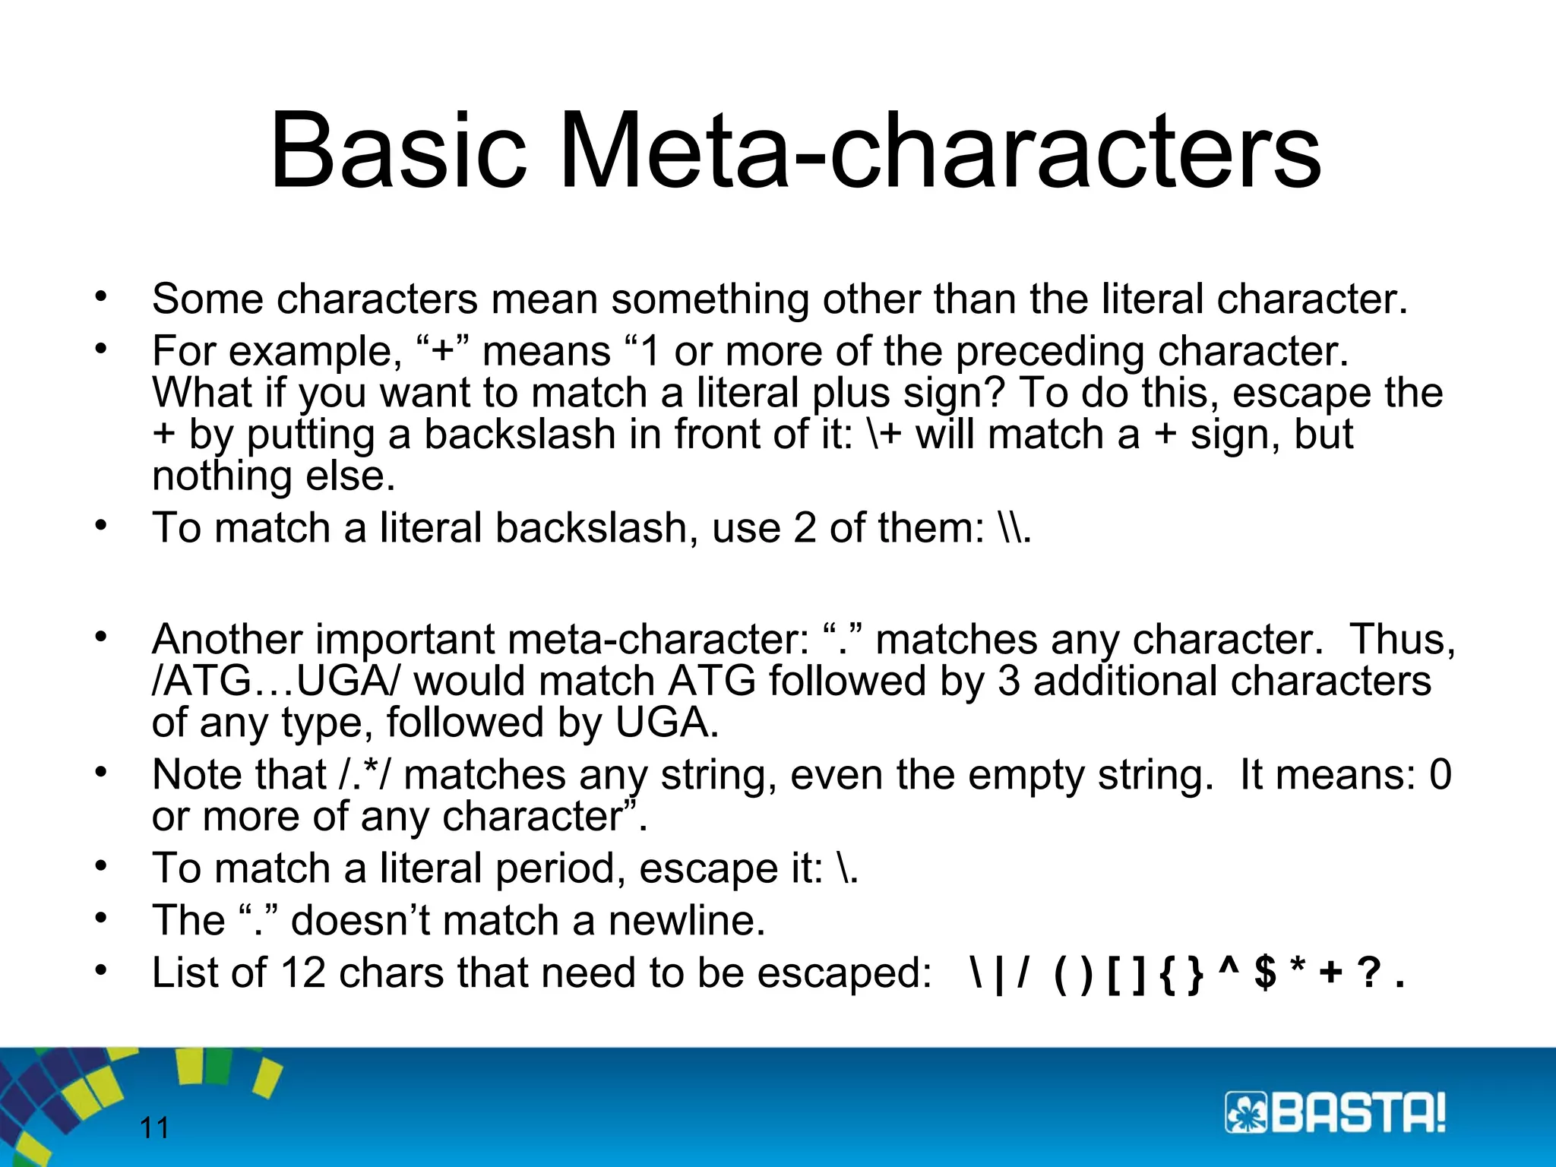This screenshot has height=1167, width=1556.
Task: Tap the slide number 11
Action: click(x=154, y=1128)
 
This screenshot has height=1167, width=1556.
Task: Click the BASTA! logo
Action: click(x=1335, y=1114)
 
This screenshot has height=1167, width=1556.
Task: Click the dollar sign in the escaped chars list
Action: click(x=1265, y=972)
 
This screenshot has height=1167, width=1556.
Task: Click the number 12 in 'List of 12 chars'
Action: click(x=302, y=972)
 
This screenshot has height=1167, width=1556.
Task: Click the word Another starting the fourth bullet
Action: click(x=227, y=640)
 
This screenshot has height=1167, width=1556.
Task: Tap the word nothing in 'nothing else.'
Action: click(x=221, y=477)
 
